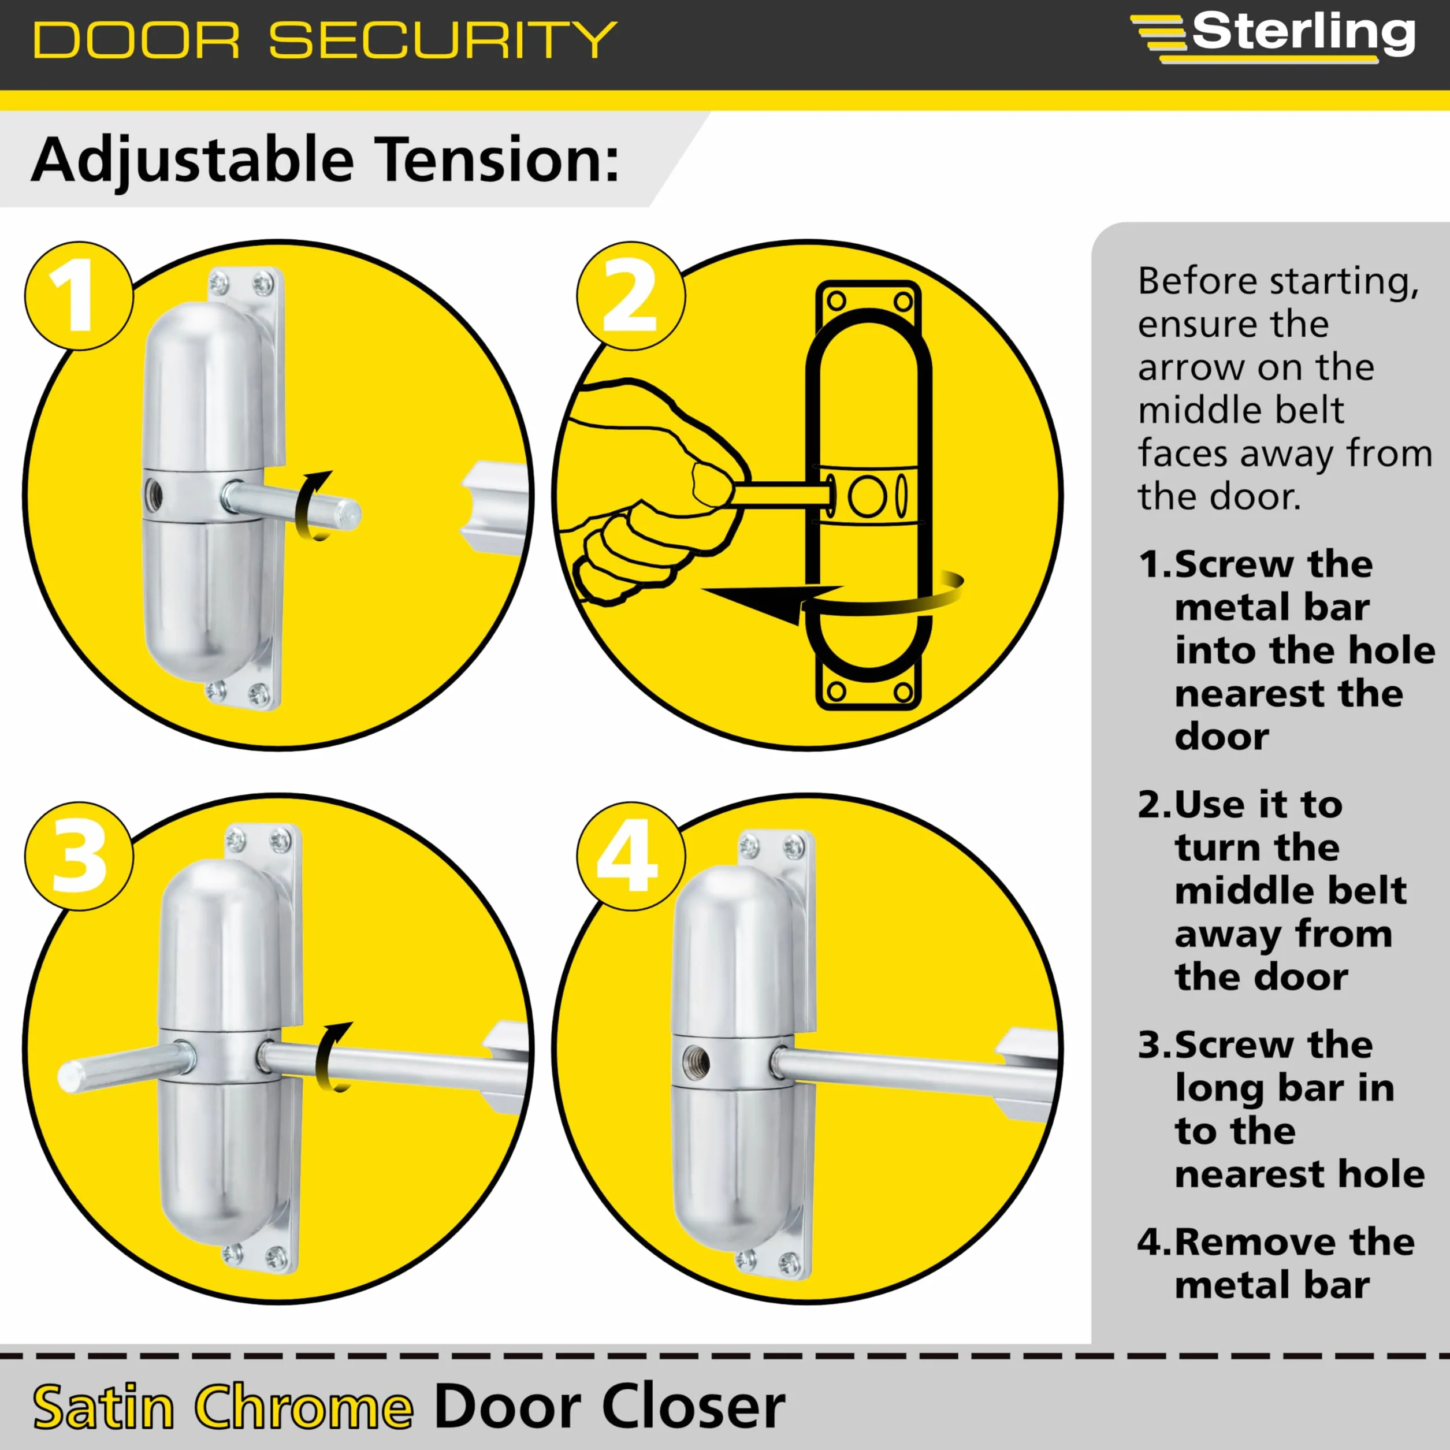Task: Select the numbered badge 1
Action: [79, 296]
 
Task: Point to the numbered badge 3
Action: [79, 856]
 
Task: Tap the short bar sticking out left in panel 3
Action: [124, 1067]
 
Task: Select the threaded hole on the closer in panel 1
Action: [154, 494]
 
